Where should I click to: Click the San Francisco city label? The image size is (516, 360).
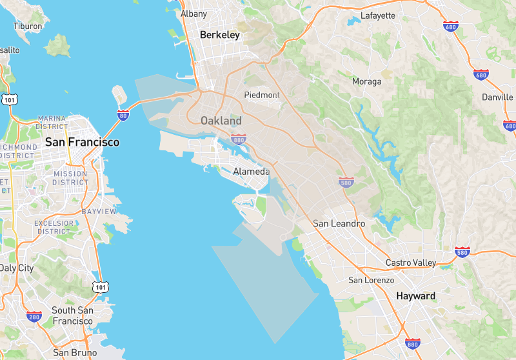click(x=82, y=142)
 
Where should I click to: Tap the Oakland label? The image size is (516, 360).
click(x=221, y=121)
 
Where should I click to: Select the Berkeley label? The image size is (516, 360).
click(x=220, y=35)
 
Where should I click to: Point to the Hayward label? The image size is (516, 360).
click(x=415, y=296)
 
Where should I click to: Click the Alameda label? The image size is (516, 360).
click(x=252, y=172)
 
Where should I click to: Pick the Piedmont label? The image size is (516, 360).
click(x=262, y=95)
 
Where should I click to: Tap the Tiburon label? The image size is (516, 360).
click(x=28, y=26)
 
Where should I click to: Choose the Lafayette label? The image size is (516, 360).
click(x=378, y=15)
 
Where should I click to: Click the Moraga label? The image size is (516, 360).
click(x=366, y=81)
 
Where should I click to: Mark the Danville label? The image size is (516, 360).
click(x=497, y=97)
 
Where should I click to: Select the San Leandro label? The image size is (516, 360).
click(x=339, y=224)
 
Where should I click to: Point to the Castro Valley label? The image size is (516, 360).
click(x=411, y=263)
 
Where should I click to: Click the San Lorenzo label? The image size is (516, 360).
click(x=371, y=280)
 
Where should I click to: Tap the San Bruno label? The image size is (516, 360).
click(x=75, y=353)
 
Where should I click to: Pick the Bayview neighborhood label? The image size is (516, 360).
click(x=99, y=212)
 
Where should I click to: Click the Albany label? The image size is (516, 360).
click(x=193, y=14)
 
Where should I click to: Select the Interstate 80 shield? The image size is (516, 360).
click(x=123, y=116)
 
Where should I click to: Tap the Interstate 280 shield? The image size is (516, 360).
click(x=35, y=317)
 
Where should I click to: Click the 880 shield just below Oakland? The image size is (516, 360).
click(x=239, y=139)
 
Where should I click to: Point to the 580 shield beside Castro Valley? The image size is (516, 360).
click(x=462, y=252)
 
